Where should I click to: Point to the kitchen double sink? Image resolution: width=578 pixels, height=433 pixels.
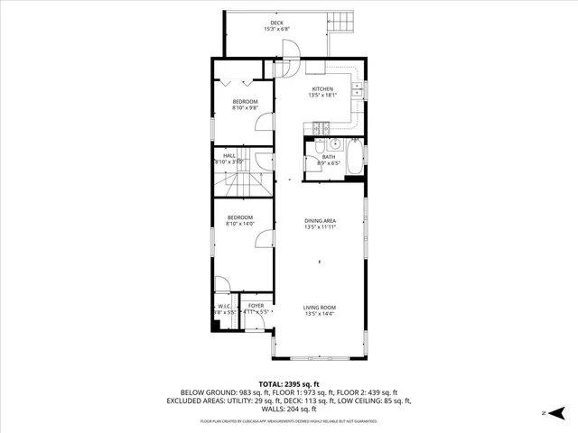coord(359,89)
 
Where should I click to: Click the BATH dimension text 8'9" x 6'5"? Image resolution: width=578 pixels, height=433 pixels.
coord(328,164)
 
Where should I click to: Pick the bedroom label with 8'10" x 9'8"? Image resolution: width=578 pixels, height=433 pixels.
coord(245,105)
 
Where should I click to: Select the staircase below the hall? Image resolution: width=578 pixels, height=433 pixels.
coord(242,186)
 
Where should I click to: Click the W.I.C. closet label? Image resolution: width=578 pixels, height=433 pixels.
coord(224,308)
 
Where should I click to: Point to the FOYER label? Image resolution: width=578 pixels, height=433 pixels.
coord(256,308)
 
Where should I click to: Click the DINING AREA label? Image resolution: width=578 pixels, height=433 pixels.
coord(321,224)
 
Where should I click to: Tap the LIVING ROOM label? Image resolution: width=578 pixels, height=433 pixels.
coord(320,310)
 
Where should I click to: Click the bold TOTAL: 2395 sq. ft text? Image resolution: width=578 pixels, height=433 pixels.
coord(288,384)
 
